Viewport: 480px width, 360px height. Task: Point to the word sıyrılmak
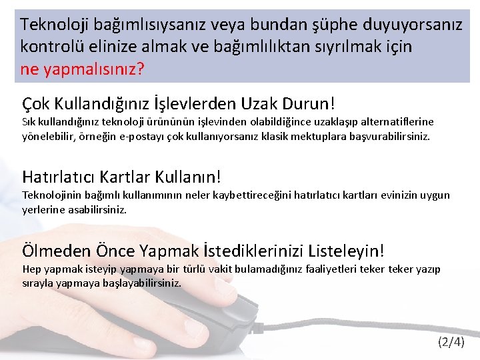(x=347, y=47)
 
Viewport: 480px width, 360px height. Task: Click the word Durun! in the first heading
(x=311, y=104)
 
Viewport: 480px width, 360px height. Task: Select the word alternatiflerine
(x=397, y=122)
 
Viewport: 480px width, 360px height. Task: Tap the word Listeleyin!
(x=346, y=251)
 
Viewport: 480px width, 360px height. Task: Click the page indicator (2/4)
(x=451, y=343)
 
